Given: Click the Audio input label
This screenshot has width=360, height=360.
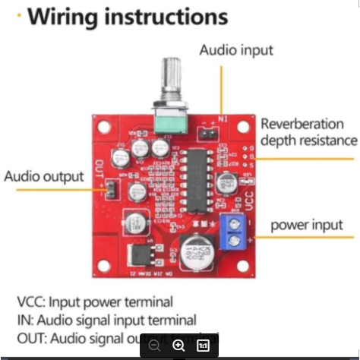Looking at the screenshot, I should pos(236,51).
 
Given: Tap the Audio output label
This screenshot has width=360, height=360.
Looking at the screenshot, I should pos(44,176).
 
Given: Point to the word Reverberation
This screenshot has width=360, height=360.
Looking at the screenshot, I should pos(308,124).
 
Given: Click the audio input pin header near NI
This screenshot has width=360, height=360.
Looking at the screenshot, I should pos(205,134).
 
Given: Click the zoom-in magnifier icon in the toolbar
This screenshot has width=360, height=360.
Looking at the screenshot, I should pos(178,345).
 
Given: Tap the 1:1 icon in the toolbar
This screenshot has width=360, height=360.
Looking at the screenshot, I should pos(203,345).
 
